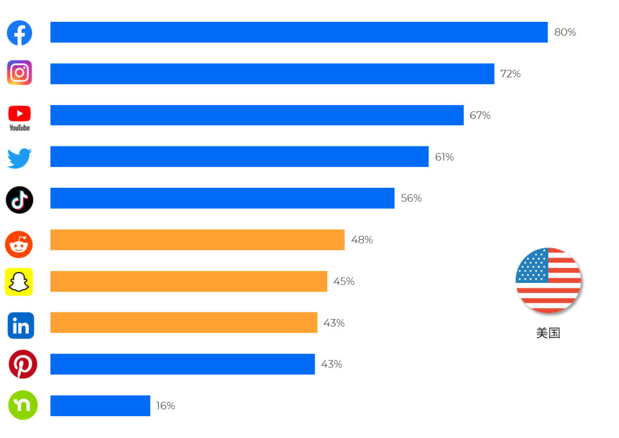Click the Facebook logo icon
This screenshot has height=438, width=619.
tap(19, 33)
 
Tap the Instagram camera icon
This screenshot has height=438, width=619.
tap(19, 73)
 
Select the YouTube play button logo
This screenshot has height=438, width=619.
tap(19, 114)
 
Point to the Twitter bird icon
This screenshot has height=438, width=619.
tap(19, 158)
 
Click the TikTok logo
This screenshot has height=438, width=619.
tap(19, 200)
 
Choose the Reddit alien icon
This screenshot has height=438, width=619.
tap(19, 245)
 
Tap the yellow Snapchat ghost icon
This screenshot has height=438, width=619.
tap(19, 282)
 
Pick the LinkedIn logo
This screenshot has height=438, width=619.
tap(21, 325)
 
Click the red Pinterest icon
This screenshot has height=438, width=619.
tap(23, 365)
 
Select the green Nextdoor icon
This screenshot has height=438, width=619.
tap(23, 405)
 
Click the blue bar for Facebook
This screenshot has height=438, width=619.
tap(299, 32)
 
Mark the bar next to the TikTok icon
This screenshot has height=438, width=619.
tap(222, 198)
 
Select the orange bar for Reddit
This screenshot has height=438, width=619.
tap(197, 239)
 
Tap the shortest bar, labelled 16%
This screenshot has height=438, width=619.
tap(100, 405)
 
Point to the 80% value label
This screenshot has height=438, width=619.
tap(565, 33)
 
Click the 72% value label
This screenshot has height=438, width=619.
tap(510, 74)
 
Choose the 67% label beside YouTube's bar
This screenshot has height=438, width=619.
tap(480, 115)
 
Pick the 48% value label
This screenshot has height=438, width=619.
tap(362, 239)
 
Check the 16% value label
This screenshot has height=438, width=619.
tap(165, 405)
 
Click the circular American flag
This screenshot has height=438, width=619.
tap(548, 280)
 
